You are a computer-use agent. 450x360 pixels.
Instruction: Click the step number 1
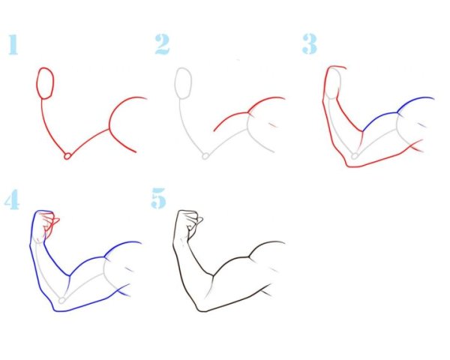pos(13,44)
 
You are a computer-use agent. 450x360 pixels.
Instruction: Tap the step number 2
pos(162,44)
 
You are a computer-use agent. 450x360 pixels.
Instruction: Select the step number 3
pos(310,44)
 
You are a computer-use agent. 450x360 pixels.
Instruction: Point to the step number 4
pos(12,199)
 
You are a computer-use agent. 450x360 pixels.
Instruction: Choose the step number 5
pos(158,198)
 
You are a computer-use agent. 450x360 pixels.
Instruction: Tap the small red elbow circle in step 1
pos(67,156)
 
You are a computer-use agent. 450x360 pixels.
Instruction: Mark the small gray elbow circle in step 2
pos(205,156)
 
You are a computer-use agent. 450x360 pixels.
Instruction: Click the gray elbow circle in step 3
pos(355,156)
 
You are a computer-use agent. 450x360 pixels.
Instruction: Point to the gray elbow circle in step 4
pos(62,300)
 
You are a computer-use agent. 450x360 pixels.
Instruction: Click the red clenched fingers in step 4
pos(50,223)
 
